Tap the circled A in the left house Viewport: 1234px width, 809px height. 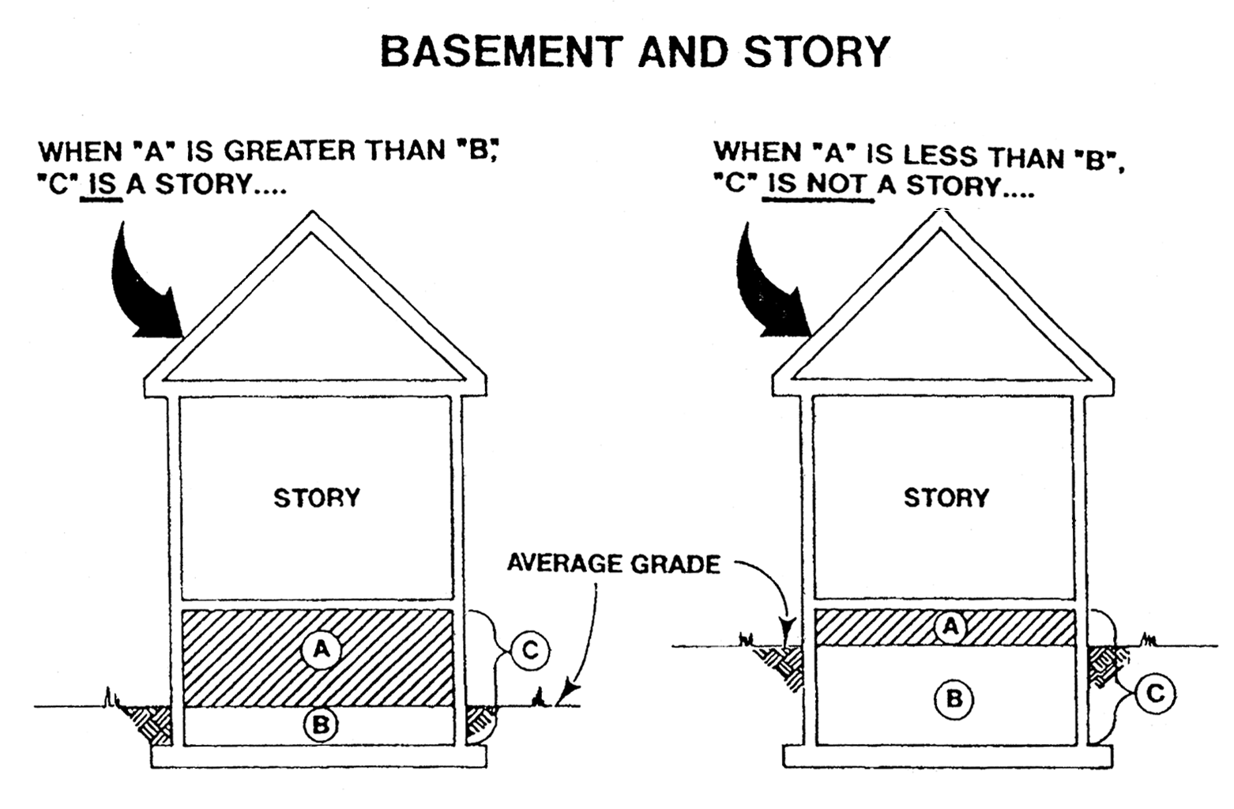pyautogui.click(x=321, y=649)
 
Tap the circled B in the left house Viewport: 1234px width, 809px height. pyautogui.click(x=321, y=724)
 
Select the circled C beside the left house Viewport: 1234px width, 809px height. pyautogui.click(x=529, y=651)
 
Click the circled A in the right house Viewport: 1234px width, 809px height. pyautogui.click(x=950, y=627)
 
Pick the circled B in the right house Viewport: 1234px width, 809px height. pyautogui.click(x=954, y=698)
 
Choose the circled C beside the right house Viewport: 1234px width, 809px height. pyautogui.click(x=1155, y=694)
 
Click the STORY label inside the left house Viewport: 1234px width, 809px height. pyautogui.click(x=317, y=498)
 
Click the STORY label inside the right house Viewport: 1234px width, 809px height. pyautogui.click(x=946, y=498)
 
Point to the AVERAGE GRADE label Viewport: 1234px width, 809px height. pyautogui.click(x=613, y=564)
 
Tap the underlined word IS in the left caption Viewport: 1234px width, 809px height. pyautogui.click(x=103, y=184)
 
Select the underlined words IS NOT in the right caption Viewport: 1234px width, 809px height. pyautogui.click(x=818, y=186)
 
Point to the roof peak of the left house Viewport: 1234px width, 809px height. pyautogui.click(x=314, y=215)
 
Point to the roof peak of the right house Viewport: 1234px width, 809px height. pyautogui.click(x=940, y=215)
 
